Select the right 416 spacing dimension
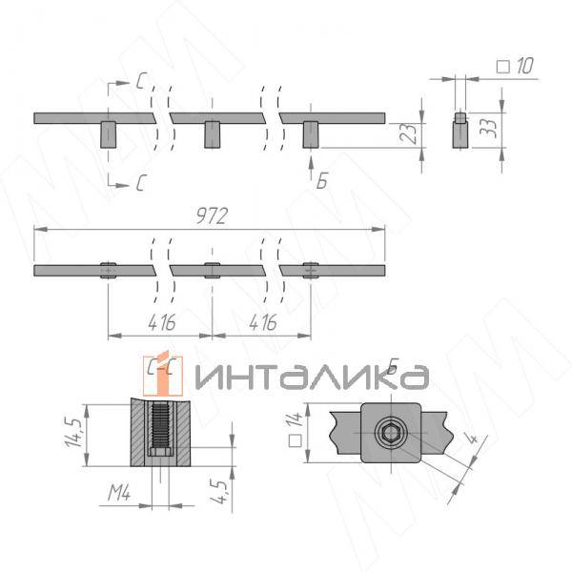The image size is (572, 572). coord(262,322)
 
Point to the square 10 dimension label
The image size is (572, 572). coord(515,66)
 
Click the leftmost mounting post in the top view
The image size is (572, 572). coord(108,134)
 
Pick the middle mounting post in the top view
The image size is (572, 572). coord(212,134)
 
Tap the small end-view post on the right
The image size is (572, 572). coord(459,130)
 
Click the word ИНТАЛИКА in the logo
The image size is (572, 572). coord(310,378)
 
